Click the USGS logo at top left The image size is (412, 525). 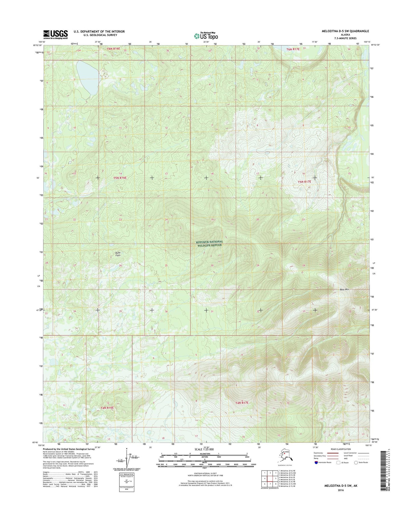[55, 34]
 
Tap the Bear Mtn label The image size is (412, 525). [344, 290]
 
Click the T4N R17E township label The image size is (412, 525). [242, 403]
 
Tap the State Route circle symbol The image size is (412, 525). [356, 471]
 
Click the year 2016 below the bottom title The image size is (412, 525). [341, 491]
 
